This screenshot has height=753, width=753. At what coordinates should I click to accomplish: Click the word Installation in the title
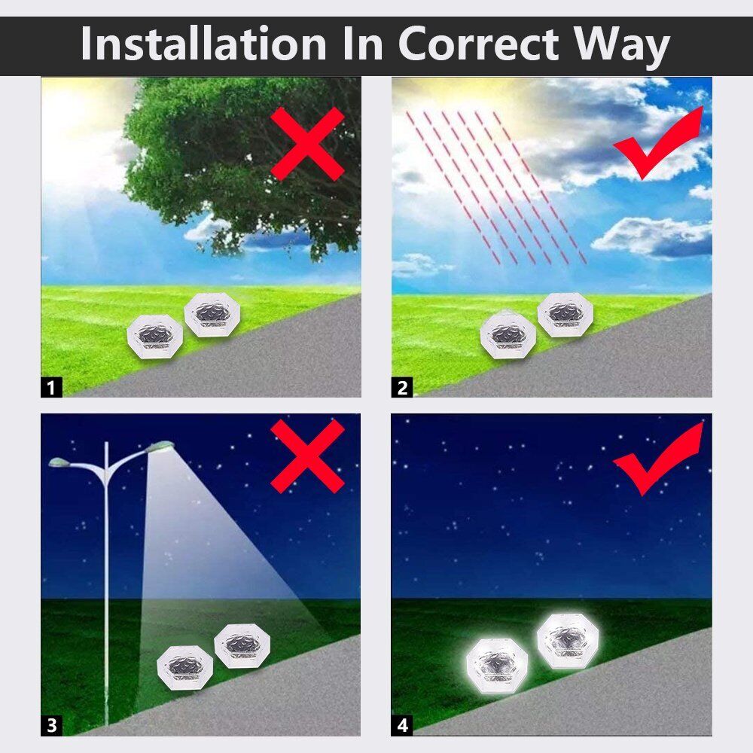tap(203, 44)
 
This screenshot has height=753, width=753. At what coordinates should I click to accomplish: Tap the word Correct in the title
tap(479, 44)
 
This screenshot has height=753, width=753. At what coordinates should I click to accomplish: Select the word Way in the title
tap(622, 47)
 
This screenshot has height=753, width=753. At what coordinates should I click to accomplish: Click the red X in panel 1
tap(307, 144)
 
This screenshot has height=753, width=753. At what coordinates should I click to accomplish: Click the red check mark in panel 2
tap(658, 144)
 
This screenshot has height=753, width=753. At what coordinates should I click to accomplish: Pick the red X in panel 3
tap(307, 456)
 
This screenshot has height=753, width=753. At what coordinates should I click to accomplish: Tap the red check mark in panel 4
tap(658, 459)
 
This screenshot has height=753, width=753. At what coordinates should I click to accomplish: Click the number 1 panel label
tap(51, 387)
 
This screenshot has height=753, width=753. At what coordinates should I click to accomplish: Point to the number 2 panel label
tap(402, 387)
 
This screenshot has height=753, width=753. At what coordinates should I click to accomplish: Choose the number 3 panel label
tap(51, 725)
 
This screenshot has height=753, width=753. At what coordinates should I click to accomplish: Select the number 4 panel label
tap(402, 725)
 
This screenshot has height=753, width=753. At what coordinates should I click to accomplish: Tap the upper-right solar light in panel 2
tap(566, 315)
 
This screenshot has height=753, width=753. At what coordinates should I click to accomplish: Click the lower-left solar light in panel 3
tap(185, 668)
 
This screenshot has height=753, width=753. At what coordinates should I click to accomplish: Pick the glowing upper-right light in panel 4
tap(567, 641)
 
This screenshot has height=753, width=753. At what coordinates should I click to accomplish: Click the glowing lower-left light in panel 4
tap(497, 666)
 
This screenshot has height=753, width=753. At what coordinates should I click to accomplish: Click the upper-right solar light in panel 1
tap(212, 316)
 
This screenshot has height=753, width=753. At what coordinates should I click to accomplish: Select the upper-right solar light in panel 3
tap(242, 646)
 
